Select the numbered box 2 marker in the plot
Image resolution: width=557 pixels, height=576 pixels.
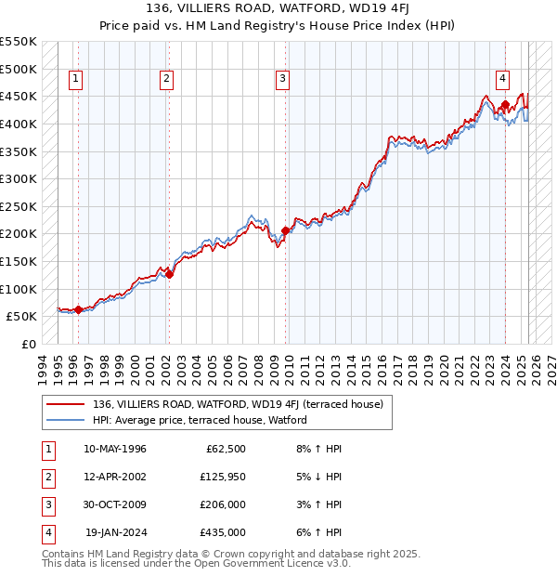[x=166, y=79]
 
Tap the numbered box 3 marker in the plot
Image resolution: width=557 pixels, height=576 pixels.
[x=281, y=79]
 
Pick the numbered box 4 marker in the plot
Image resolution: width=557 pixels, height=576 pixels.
[x=501, y=79]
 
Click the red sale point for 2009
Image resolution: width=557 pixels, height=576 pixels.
[x=285, y=229]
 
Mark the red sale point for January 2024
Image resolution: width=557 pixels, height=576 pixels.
[x=505, y=104]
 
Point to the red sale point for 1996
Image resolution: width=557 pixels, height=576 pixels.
[x=79, y=309]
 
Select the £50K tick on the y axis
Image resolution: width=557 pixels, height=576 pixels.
[x=21, y=316]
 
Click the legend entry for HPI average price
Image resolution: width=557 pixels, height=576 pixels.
[x=199, y=420]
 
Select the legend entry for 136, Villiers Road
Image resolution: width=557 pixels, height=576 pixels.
[x=238, y=404]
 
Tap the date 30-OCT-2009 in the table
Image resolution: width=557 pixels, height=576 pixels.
[x=115, y=504]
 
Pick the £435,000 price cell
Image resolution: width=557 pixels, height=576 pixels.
[x=223, y=532]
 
